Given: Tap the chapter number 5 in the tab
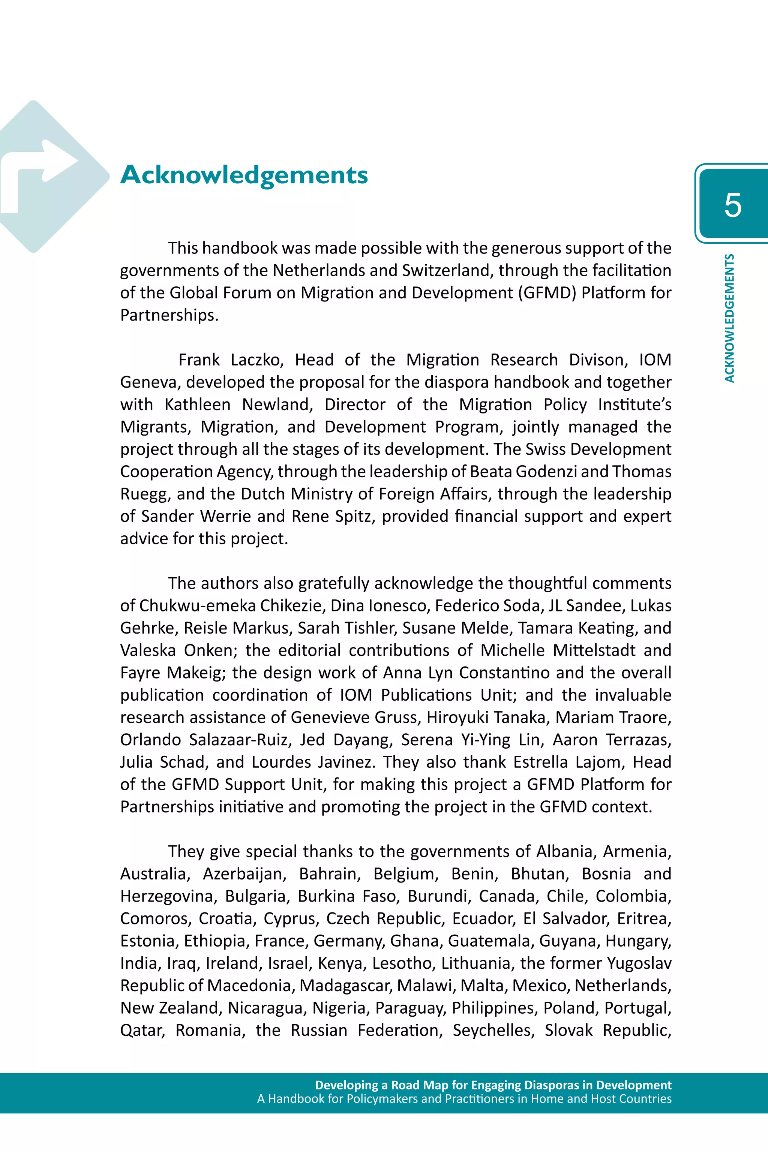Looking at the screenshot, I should pyautogui.click(x=733, y=205).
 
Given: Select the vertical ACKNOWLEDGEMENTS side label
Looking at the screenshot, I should pyautogui.click(x=729, y=318).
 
